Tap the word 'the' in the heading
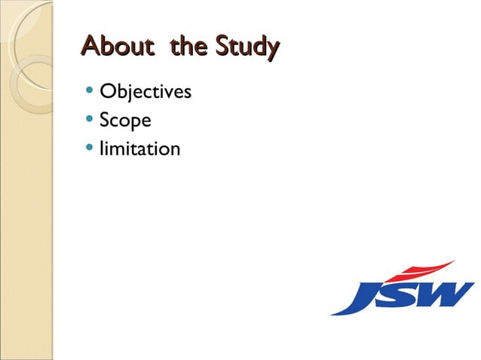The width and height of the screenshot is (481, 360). coord(189,47)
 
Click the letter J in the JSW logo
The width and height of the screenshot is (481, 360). coord(363,296)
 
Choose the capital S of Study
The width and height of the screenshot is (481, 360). coord(222,47)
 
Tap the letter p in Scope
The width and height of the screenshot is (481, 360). coord(133,123)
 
